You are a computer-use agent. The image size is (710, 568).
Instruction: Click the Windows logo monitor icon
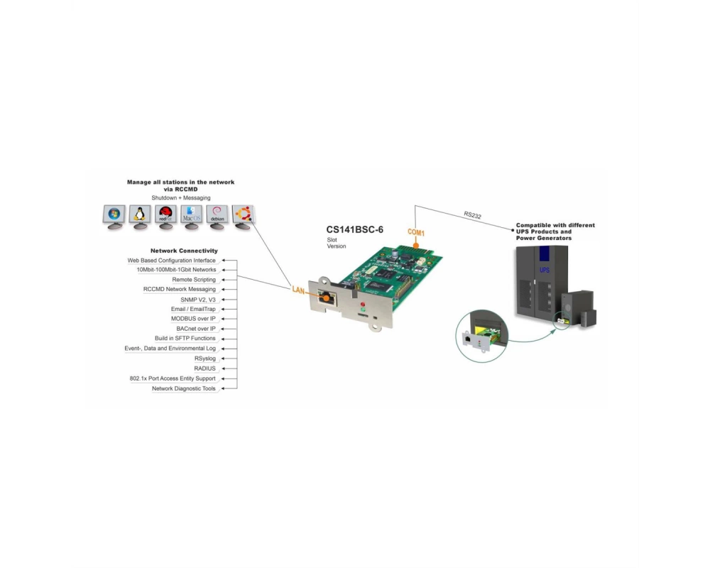pyautogui.click(x=114, y=217)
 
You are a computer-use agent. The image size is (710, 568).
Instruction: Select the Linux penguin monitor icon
pyautogui.click(x=140, y=217)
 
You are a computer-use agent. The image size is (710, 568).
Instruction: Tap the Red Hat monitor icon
pyautogui.click(x=165, y=217)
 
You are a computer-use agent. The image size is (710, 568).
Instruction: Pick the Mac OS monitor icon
pyautogui.click(x=192, y=217)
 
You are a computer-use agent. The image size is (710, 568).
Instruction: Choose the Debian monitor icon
pyautogui.click(x=217, y=217)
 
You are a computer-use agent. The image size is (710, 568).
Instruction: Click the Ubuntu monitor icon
pyautogui.click(x=243, y=217)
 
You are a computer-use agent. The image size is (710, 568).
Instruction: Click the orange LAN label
pyautogui.click(x=298, y=290)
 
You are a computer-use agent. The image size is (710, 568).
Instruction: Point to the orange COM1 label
pyautogui.click(x=416, y=232)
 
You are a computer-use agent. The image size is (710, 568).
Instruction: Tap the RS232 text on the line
pyautogui.click(x=472, y=215)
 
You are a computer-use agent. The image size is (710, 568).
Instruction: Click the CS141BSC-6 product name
pyautogui.click(x=354, y=229)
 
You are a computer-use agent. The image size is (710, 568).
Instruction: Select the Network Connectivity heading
pyautogui.click(x=184, y=251)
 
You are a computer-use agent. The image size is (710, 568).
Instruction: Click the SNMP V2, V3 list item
pyautogui.click(x=198, y=300)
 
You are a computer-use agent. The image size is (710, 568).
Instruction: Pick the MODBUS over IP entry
pyautogui.click(x=193, y=319)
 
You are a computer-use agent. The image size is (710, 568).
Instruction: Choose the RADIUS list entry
pyautogui.click(x=204, y=368)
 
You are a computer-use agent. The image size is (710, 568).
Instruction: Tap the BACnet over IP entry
pyautogui.click(x=196, y=329)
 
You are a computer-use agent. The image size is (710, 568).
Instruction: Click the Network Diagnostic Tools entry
pyautogui.click(x=184, y=388)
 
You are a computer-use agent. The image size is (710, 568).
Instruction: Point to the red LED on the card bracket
pyautogui.click(x=363, y=305)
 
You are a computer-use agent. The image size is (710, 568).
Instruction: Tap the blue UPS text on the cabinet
pyautogui.click(x=545, y=270)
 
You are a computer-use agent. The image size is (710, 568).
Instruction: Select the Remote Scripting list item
pyautogui.click(x=194, y=280)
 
